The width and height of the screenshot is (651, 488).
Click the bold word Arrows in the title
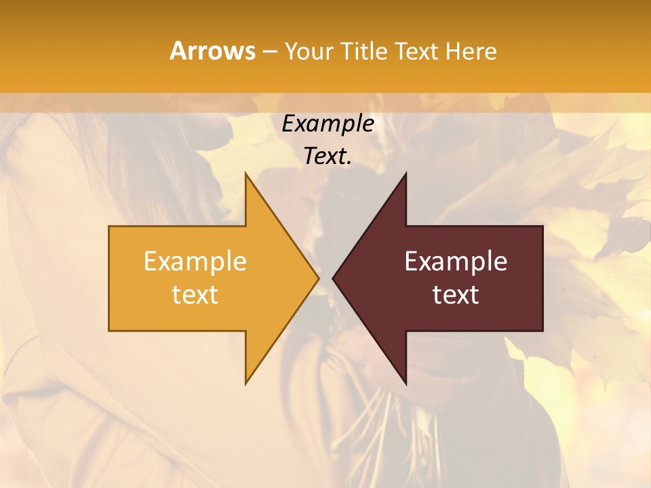(212, 51)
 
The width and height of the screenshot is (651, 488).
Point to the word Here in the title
(471, 52)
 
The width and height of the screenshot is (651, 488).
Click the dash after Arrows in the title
(269, 52)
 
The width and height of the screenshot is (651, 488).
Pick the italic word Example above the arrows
(328, 123)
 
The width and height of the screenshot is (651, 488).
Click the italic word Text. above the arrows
(328, 156)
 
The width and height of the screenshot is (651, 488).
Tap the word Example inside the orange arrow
(195, 261)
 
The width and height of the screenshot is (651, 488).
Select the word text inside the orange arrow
(195, 294)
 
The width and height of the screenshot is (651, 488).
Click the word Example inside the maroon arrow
(456, 261)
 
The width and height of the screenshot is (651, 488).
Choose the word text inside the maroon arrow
(456, 294)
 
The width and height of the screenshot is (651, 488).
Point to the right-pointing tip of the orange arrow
(317, 278)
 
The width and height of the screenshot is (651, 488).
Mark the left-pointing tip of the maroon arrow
(334, 278)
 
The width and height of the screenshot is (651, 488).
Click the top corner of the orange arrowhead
(245, 174)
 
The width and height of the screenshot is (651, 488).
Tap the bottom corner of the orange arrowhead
(245, 383)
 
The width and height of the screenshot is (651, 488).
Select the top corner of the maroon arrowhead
(406, 174)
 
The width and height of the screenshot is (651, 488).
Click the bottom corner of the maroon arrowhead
(406, 383)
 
